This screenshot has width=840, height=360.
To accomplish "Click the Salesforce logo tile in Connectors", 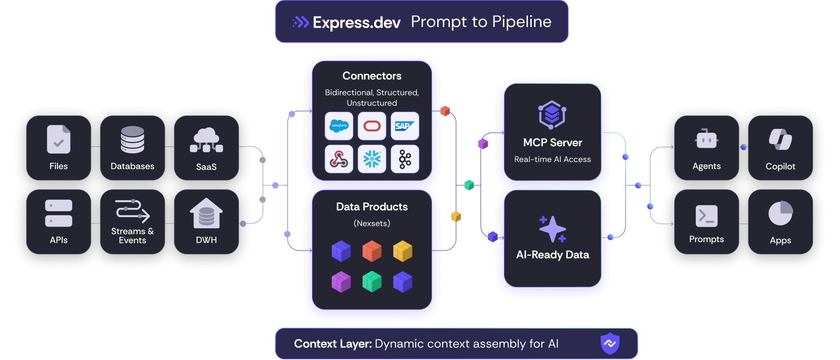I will tap(339, 126).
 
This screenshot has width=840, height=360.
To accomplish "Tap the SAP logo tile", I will tap(405, 126).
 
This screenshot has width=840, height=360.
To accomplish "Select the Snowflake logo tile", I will tap(372, 159).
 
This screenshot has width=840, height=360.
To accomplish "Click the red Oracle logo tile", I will tap(372, 126).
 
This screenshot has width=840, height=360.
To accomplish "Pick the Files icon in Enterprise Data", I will tap(58, 139).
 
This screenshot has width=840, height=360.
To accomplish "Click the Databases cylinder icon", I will tap(132, 139).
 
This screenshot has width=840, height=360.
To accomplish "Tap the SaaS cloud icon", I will tap(206, 140).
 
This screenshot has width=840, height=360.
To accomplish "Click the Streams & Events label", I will tap(132, 236).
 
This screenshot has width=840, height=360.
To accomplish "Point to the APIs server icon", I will tap(58, 213).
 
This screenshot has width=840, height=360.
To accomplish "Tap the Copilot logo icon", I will tap(780, 139).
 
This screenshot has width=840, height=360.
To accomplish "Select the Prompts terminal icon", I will tap(706, 216).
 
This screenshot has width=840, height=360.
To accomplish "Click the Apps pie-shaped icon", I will tap(780, 213).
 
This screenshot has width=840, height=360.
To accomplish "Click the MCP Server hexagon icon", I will tap(552, 115).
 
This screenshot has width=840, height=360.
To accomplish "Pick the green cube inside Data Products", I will tap(372, 282).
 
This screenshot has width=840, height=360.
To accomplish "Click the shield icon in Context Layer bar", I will tap(610, 343).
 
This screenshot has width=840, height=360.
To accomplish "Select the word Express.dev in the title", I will tap(356, 22).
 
